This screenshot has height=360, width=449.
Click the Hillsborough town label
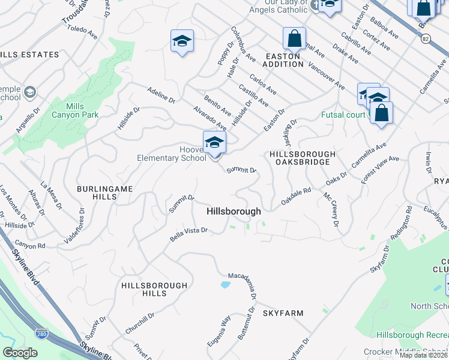click(234, 211)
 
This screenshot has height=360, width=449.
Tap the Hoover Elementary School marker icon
click(214, 143)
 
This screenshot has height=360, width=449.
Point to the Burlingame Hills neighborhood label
click(104, 193)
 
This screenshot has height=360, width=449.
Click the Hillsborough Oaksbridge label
click(300, 158)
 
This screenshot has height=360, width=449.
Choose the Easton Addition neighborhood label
click(284, 59)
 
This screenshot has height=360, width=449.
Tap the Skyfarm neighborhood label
click(283, 313)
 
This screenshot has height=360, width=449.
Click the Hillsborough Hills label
click(144, 288)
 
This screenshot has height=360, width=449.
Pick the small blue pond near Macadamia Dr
click(226, 284)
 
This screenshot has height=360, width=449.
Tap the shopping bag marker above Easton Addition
click(295, 39)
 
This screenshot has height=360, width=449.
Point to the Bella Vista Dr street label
click(188, 233)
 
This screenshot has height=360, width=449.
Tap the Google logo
click(20, 353)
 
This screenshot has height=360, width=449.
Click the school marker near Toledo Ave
click(182, 41)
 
